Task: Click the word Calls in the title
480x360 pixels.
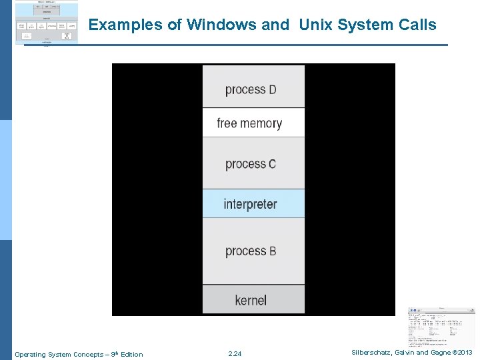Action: tap(417, 25)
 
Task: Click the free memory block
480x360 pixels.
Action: tap(253, 123)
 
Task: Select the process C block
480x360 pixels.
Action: tap(253, 163)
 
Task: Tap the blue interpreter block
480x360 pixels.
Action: tap(253, 204)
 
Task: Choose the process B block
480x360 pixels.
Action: tap(253, 251)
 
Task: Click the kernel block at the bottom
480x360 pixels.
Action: tap(253, 300)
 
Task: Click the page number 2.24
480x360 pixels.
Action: tap(235, 354)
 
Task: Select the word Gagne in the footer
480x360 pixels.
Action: tap(439, 353)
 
